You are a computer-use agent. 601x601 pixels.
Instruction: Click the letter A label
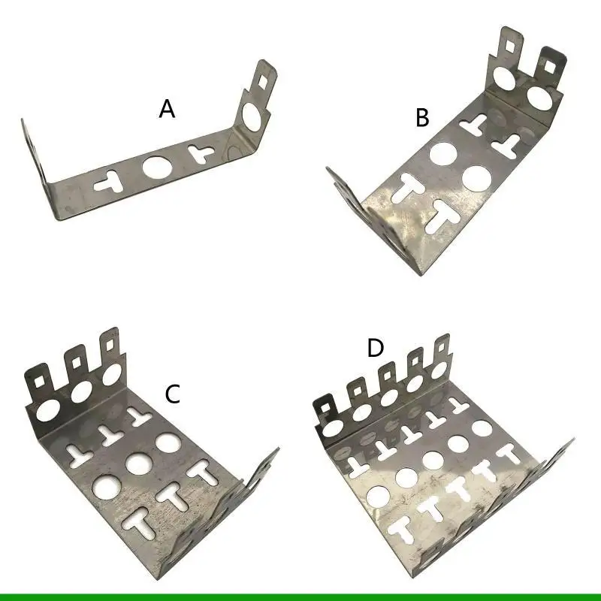pos(167,110)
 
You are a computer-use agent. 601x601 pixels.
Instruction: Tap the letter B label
pos(423,118)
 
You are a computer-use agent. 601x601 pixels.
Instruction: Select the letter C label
pos(174,394)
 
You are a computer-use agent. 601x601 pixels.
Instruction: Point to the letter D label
pos(376,349)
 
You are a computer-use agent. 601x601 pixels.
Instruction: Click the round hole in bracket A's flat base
pos(158,166)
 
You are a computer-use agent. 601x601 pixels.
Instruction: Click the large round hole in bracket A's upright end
pos(254,116)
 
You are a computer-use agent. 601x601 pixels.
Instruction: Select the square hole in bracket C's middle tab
pos(75,362)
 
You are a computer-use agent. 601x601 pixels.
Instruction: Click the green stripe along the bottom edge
pos(300,597)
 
